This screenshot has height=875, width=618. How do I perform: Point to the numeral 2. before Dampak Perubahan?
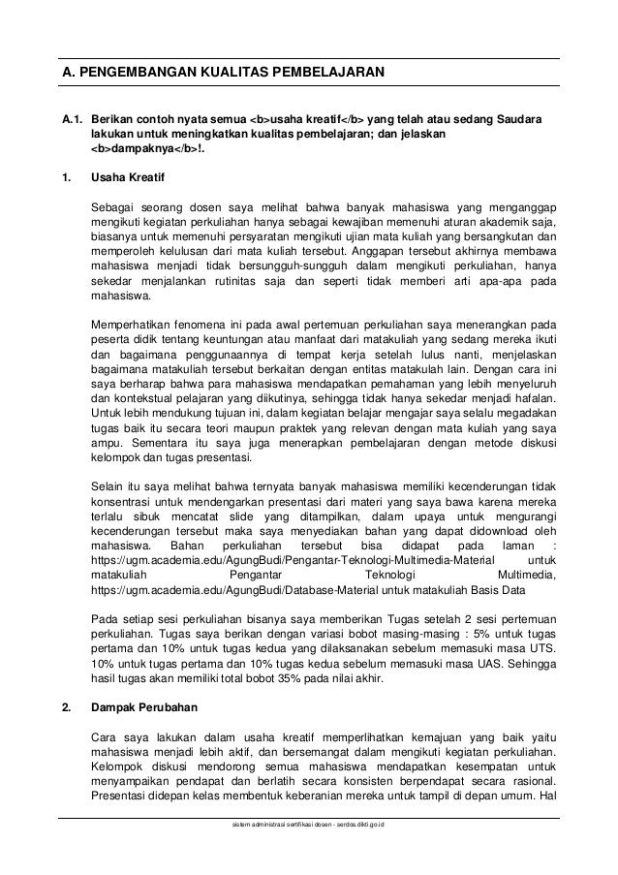tap(66, 718)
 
